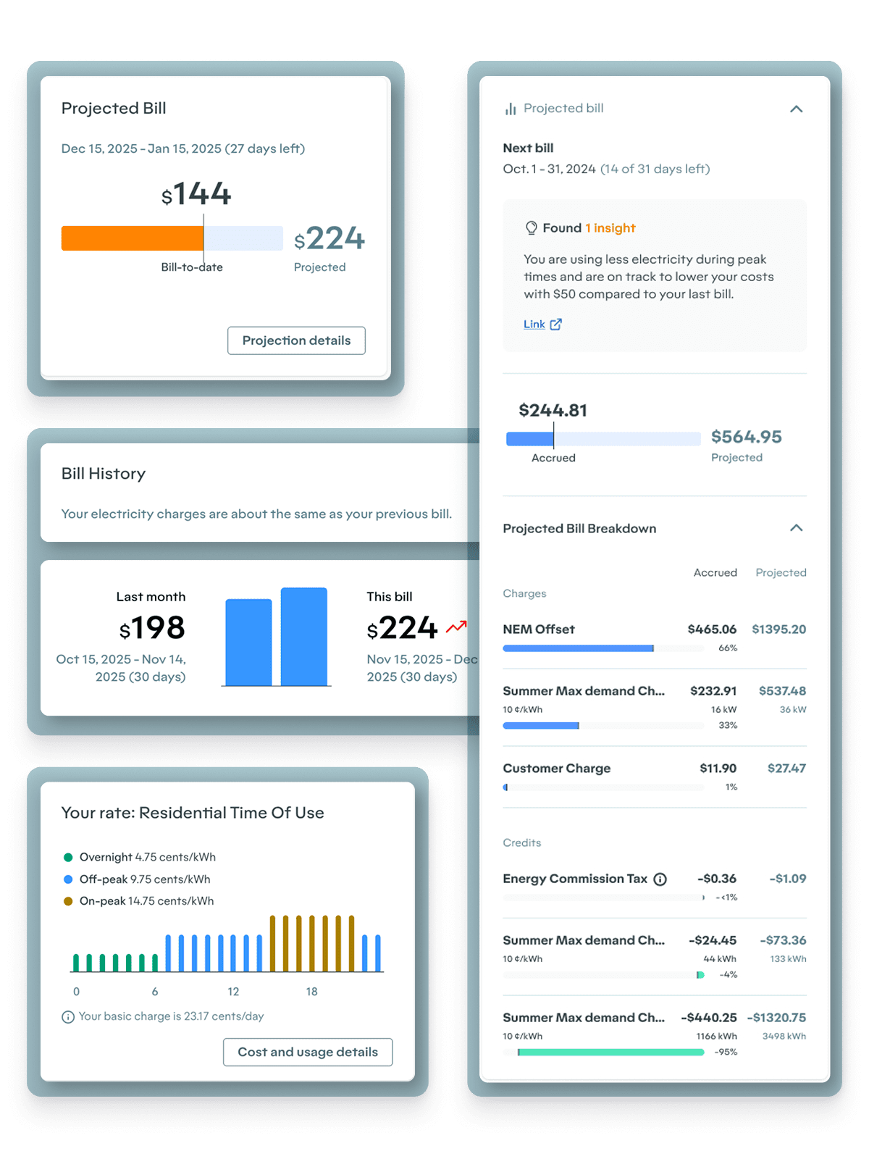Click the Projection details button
click(296, 340)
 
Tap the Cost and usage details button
click(308, 1052)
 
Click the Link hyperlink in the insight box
click(534, 324)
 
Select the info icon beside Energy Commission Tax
click(660, 879)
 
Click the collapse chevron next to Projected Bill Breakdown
click(796, 528)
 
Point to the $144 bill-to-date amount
click(196, 194)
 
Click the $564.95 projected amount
click(746, 437)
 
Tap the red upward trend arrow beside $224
click(456, 627)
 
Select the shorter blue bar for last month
click(248, 642)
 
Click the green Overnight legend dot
click(68, 857)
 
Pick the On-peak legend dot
click(68, 901)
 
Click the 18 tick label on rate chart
click(311, 992)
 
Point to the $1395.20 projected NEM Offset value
click(778, 629)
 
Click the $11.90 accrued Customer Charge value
click(718, 769)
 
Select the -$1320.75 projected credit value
click(776, 1018)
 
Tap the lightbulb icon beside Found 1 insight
click(531, 228)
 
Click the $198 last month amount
click(152, 628)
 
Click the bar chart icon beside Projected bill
click(511, 109)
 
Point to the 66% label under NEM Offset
click(727, 648)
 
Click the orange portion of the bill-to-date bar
click(132, 238)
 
